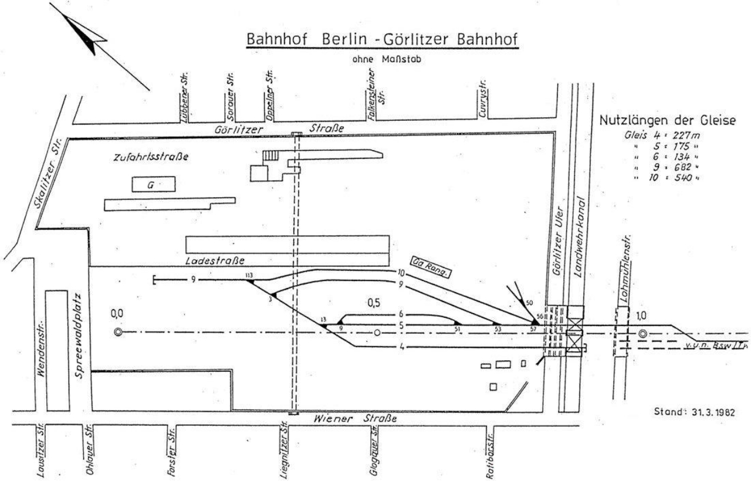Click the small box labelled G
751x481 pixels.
click(x=151, y=185)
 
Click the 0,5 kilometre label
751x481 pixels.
click(x=374, y=304)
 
